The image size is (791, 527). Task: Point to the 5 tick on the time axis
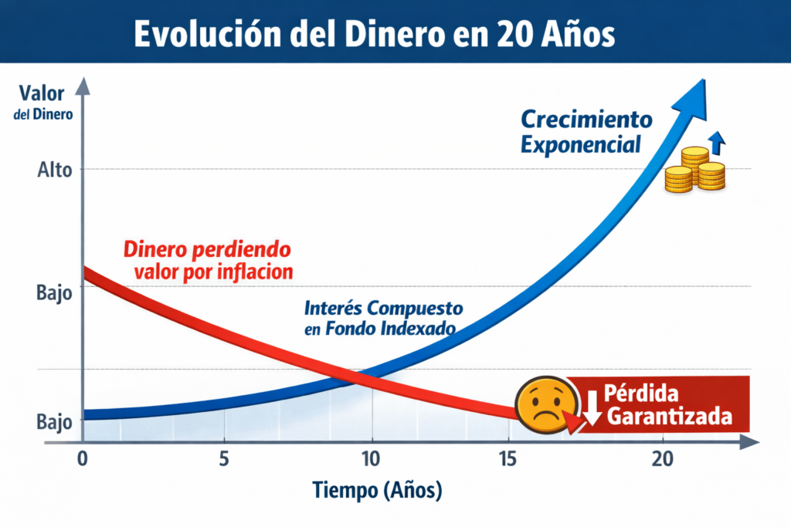[x=224, y=457]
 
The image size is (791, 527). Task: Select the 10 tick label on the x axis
[x=372, y=457]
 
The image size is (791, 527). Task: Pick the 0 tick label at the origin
[x=83, y=457]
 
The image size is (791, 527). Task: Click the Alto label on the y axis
[x=54, y=170]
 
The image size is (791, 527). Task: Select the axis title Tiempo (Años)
[x=378, y=490]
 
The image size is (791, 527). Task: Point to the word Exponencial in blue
[x=581, y=144]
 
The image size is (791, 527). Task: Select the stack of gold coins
[x=694, y=171]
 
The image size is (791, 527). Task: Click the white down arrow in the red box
[x=592, y=407]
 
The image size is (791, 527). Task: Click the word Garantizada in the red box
[x=669, y=417]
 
